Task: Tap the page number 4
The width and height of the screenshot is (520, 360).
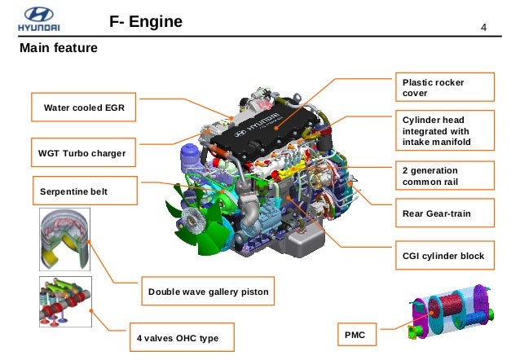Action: [483, 30]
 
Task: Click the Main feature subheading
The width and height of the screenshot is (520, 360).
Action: [59, 49]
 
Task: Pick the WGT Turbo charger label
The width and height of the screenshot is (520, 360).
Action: [77, 152]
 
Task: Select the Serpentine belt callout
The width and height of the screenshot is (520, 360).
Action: [74, 192]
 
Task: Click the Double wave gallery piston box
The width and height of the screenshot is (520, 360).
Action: [208, 291]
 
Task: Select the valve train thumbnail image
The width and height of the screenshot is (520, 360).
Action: [64, 301]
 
